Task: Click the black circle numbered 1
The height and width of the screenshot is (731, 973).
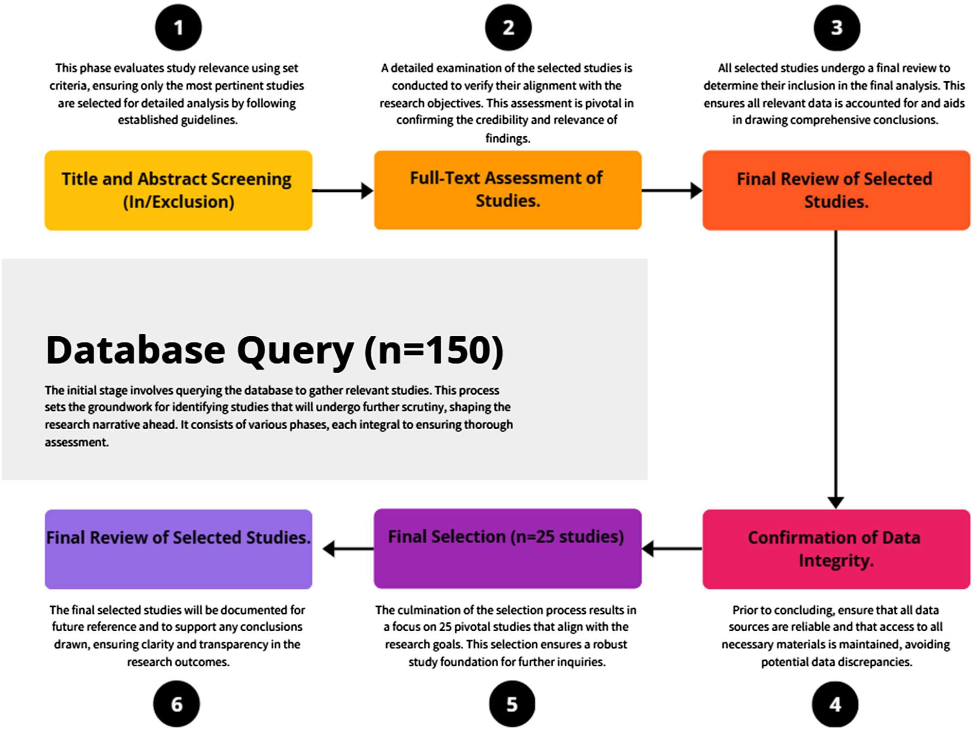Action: [178, 27]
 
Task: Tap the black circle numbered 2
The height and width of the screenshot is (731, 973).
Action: [508, 27]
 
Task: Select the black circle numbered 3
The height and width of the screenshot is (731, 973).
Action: [836, 27]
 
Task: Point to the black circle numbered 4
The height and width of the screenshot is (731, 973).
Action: [835, 704]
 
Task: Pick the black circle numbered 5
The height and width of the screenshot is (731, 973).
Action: [512, 704]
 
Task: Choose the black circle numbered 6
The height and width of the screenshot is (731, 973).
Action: [177, 704]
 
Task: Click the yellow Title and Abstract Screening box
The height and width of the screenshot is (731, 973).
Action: [178, 190]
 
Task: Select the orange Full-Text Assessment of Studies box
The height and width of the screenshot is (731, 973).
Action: [507, 190]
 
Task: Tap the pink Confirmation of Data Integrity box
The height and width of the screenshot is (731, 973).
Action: [836, 549]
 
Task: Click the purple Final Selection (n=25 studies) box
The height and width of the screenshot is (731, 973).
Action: [507, 548]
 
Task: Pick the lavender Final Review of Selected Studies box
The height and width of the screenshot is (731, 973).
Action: [178, 549]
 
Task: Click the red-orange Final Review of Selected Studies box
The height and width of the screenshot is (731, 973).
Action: [836, 190]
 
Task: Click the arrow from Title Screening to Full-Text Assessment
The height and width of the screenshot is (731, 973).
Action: [342, 190]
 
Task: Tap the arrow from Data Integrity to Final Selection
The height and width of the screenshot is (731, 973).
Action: [672, 548]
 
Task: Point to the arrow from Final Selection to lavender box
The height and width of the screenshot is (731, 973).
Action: [347, 549]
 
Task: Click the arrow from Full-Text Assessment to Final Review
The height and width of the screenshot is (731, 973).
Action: [672, 190]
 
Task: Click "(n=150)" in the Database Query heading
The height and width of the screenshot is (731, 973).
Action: [433, 350]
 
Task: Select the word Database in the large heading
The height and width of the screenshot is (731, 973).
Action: [135, 350]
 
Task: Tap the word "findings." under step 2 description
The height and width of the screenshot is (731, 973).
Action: [507, 138]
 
